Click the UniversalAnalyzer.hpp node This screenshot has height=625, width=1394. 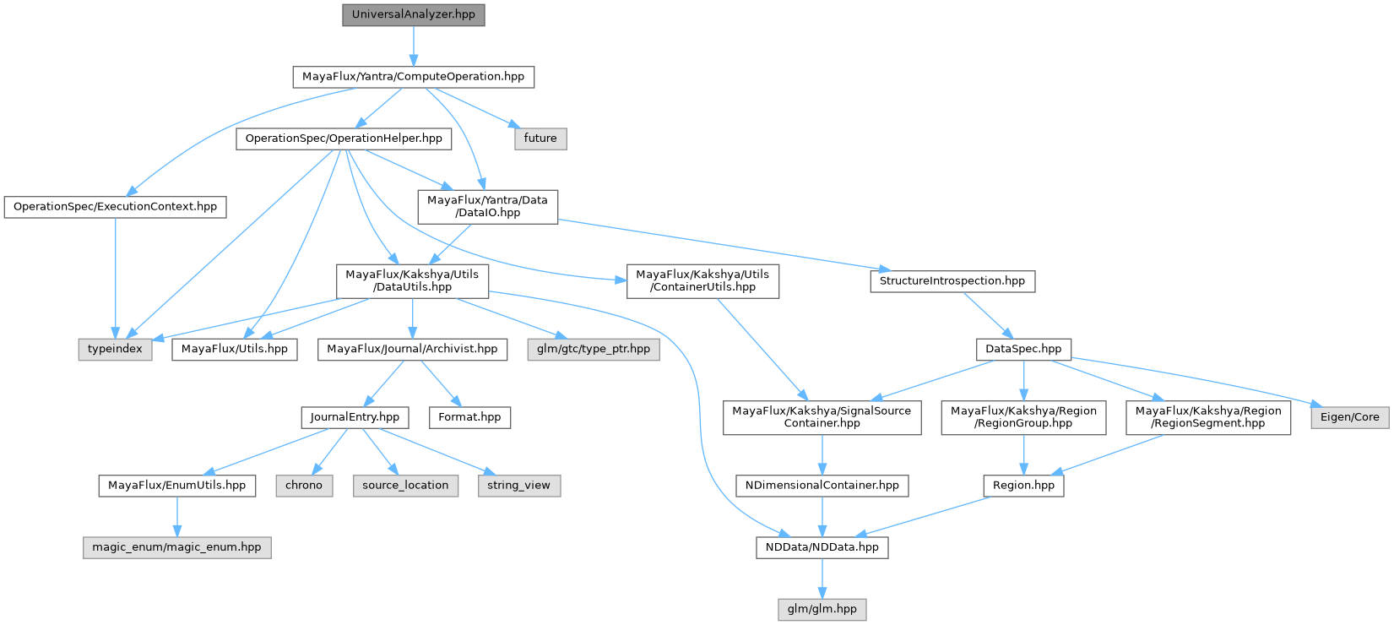(413, 15)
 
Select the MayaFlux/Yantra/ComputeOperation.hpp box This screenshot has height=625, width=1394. (413, 77)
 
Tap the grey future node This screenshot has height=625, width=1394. (540, 139)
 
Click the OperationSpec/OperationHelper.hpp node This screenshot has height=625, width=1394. (343, 139)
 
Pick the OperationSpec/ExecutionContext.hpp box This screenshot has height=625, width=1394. (115, 207)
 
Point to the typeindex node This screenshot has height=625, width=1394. (116, 349)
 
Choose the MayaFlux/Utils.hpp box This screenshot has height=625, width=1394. (235, 349)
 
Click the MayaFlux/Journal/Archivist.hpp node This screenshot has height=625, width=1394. (412, 349)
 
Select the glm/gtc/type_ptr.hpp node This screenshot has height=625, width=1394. (594, 349)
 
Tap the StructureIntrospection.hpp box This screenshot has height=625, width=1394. (952, 281)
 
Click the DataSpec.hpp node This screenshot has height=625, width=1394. (1023, 349)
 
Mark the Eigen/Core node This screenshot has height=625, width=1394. (1349, 417)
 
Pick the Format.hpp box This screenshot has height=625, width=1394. (469, 417)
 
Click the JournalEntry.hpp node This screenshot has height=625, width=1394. (355, 417)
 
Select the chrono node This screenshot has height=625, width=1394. (304, 486)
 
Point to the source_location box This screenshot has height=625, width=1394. (405, 486)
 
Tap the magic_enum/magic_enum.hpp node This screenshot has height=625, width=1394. (177, 547)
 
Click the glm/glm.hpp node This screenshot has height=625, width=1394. (822, 609)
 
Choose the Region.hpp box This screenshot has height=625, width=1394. (1023, 486)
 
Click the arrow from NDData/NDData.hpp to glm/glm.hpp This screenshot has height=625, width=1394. (822, 579)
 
